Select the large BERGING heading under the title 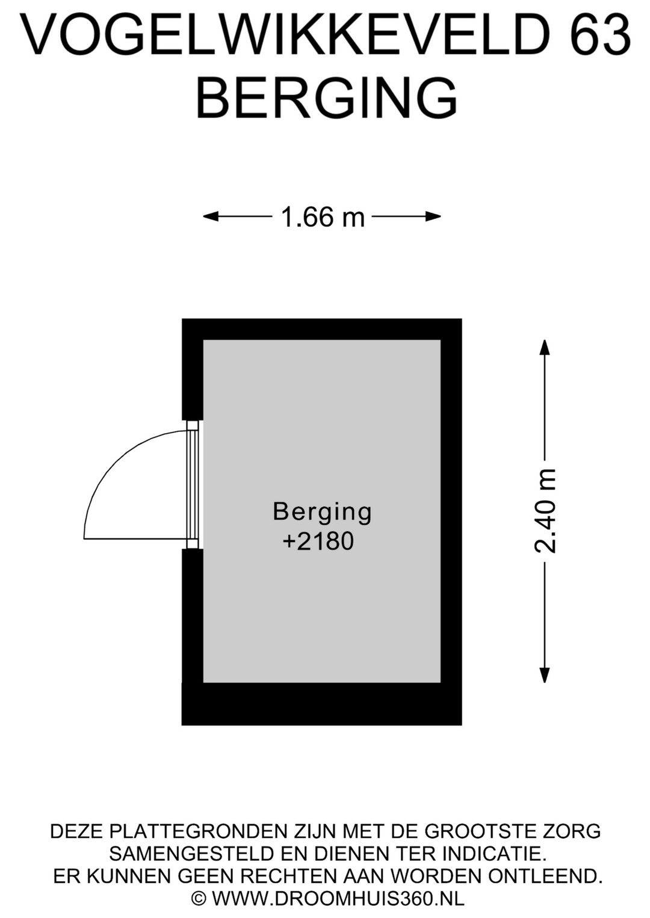[x=326, y=99]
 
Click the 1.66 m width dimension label [x=323, y=217]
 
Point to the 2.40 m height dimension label [x=545, y=511]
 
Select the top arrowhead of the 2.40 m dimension [x=544, y=348]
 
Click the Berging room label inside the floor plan [x=323, y=513]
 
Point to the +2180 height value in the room [x=318, y=541]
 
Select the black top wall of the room [x=322, y=329]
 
